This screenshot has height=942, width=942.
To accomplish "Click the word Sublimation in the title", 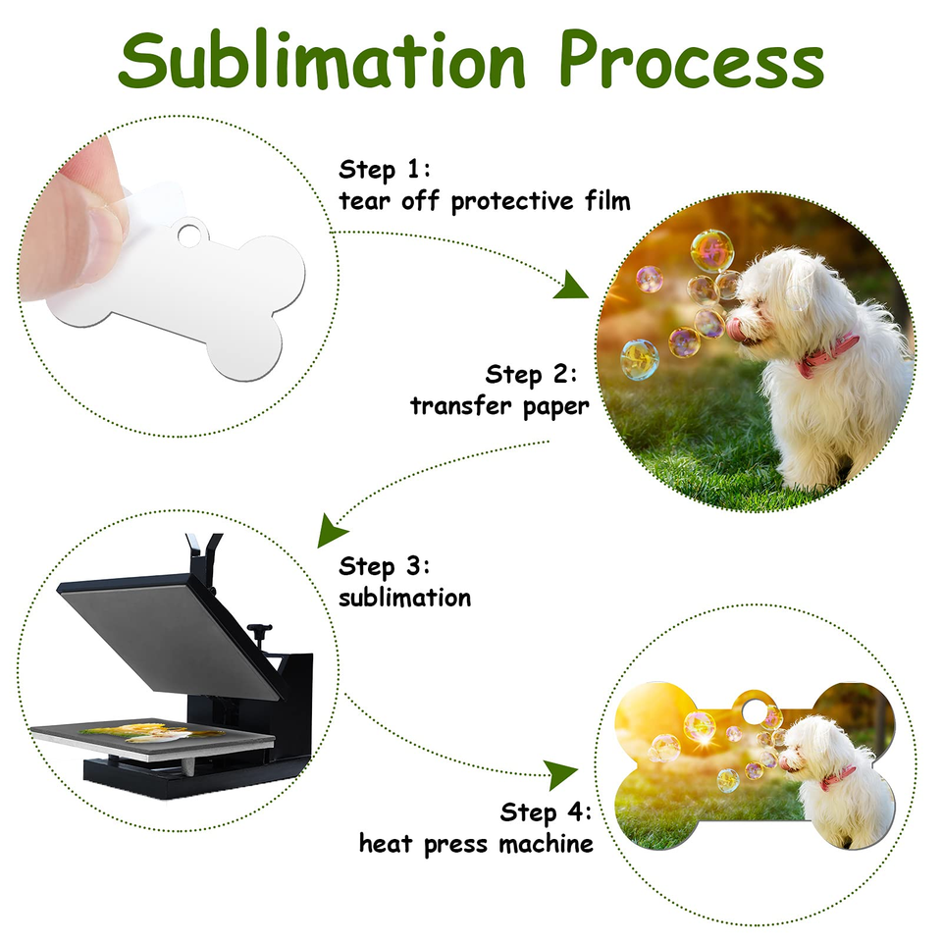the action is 322,60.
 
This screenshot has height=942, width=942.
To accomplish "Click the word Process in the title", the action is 691,60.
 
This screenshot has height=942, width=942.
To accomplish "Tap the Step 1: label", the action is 385,170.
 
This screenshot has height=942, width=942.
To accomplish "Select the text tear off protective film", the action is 485,201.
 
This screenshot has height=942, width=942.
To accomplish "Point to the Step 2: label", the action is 531,375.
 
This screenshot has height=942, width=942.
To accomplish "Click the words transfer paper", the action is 499,406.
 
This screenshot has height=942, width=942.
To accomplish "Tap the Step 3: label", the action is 385,566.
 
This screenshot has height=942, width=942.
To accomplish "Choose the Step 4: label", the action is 547,812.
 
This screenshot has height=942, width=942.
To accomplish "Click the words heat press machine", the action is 477,844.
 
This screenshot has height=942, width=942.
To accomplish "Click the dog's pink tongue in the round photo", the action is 735,325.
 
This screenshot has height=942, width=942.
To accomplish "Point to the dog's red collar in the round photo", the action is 828,355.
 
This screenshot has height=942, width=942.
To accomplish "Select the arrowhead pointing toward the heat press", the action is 330,530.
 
